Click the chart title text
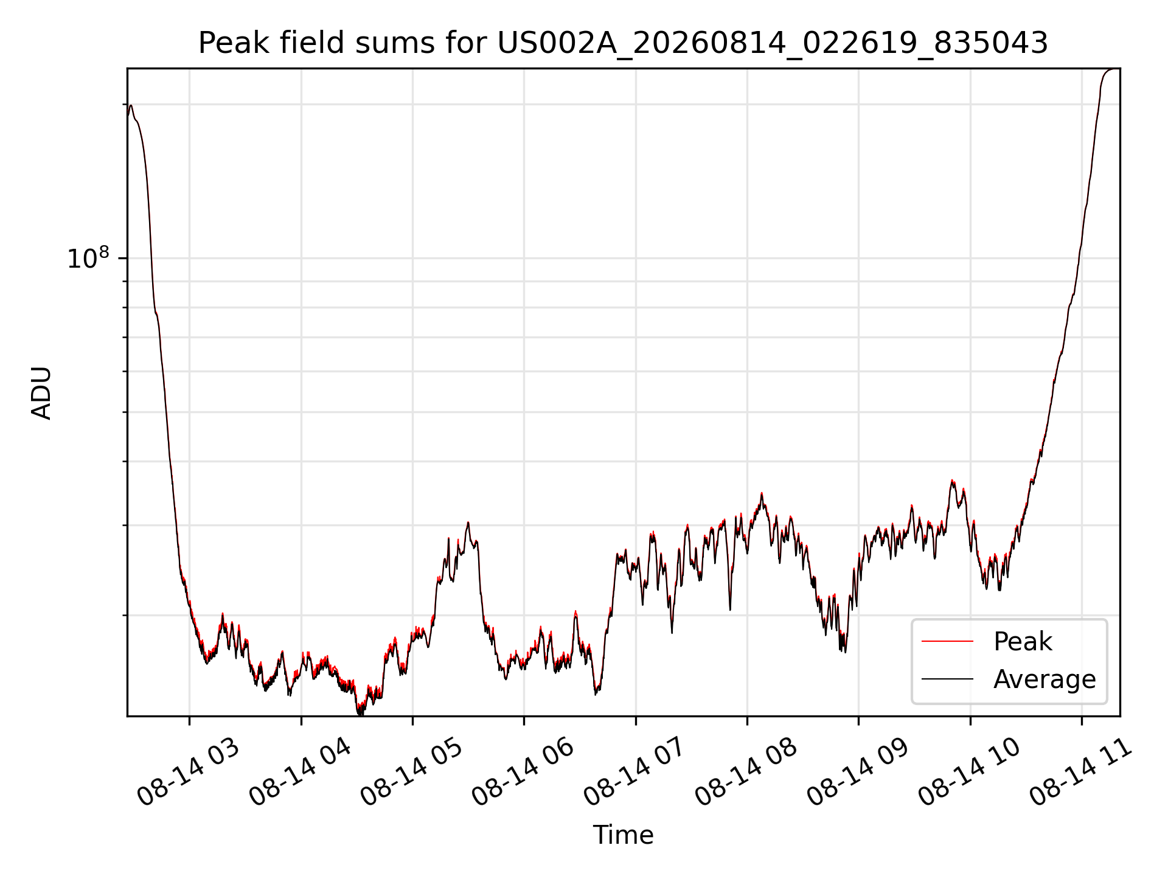pyautogui.click(x=623, y=43)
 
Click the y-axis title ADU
pyautogui.click(x=41, y=392)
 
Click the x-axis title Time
pyautogui.click(x=623, y=835)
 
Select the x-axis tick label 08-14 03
pyautogui.click(x=189, y=772)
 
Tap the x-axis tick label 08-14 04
pyautogui.click(x=301, y=772)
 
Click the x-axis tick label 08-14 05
pyautogui.click(x=412, y=772)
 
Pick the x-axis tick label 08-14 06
pyautogui.click(x=523, y=772)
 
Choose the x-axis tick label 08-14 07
pyautogui.click(x=635, y=772)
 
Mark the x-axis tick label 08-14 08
pyautogui.click(x=746, y=772)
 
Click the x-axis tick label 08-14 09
pyautogui.click(x=858, y=772)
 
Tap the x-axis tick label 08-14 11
pyautogui.click(x=1081, y=772)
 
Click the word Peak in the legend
pyautogui.click(x=1023, y=642)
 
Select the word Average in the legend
pyautogui.click(x=1045, y=679)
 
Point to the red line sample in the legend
pyautogui.click(x=947, y=641)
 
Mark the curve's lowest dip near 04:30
pyautogui.click(x=359, y=713)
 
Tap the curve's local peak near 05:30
pyautogui.click(x=468, y=523)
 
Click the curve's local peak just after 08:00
pyautogui.click(x=761, y=494)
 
